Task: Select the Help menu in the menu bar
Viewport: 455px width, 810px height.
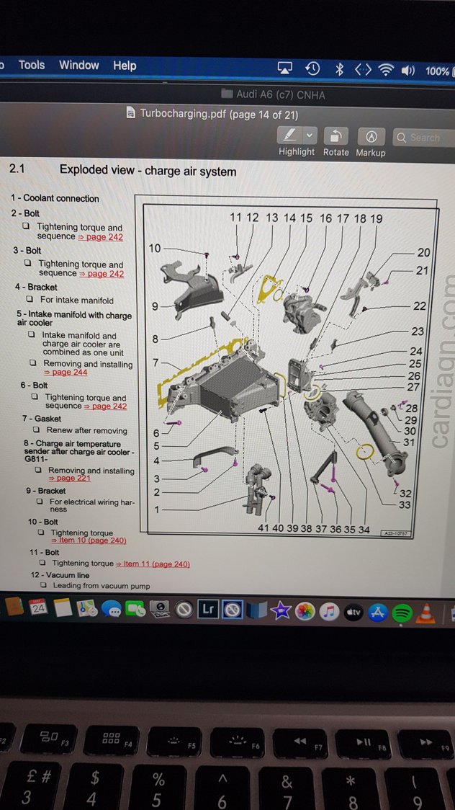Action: point(124,66)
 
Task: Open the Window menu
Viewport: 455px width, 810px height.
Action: point(78,65)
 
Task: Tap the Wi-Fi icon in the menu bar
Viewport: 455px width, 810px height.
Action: point(386,69)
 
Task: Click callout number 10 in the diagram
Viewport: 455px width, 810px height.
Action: point(155,248)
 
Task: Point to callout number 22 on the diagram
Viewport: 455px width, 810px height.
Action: point(419,306)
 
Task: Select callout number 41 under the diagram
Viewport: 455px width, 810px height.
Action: point(263,528)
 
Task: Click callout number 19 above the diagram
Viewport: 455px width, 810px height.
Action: point(376,218)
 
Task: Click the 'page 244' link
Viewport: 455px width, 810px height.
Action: point(69,373)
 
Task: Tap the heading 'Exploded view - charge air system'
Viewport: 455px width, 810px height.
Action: point(148,171)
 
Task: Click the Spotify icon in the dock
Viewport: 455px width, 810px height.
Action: point(402,612)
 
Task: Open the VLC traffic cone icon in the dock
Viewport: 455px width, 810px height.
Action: point(426,612)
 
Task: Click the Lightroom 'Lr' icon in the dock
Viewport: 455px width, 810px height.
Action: point(208,610)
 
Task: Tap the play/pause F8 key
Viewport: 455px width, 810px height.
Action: point(366,742)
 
